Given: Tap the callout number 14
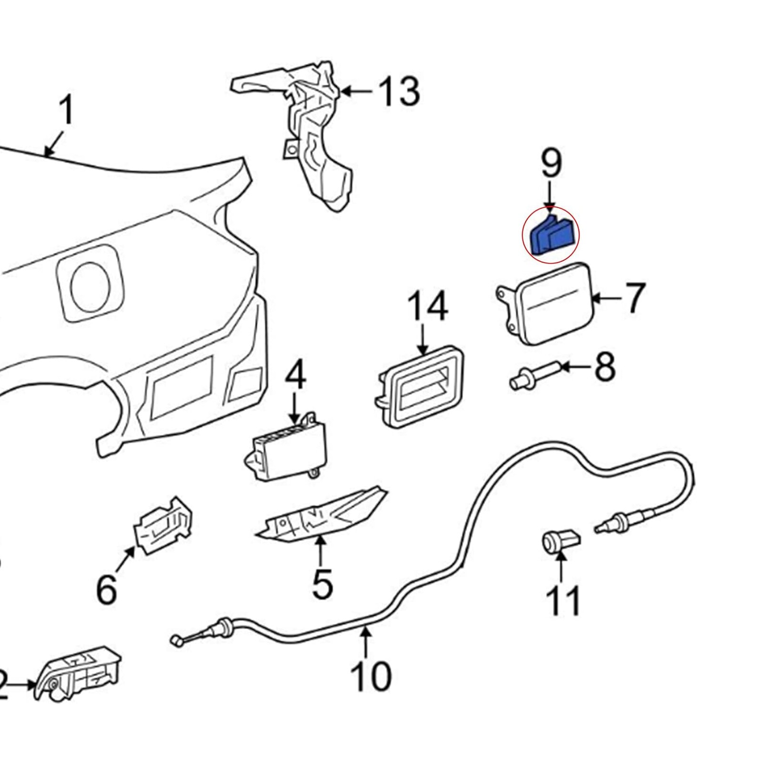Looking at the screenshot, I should pyautogui.click(x=427, y=307).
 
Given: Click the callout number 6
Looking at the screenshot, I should pyautogui.click(x=106, y=589).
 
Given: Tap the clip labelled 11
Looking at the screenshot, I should pyautogui.click(x=561, y=541).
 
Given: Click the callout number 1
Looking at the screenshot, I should pyautogui.click(x=67, y=110).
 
